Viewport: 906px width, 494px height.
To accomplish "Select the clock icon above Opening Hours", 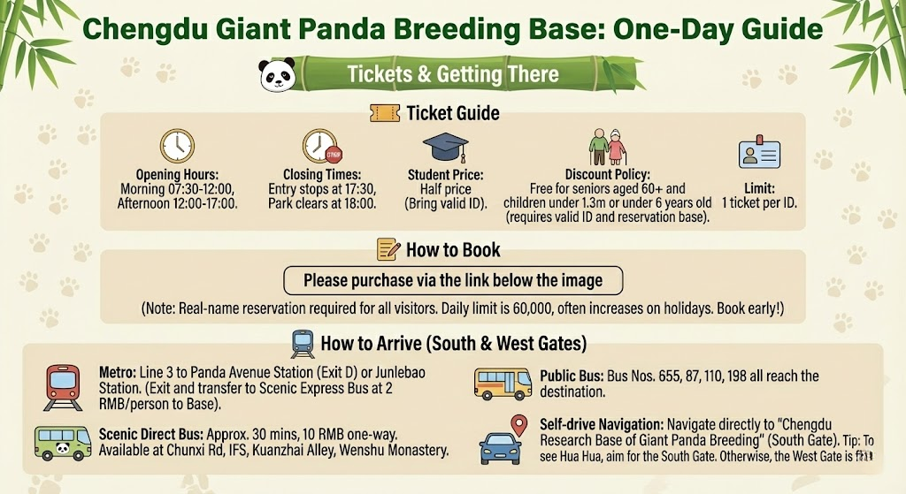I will point(176,147).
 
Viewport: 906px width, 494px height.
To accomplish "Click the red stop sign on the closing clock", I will point(334,156).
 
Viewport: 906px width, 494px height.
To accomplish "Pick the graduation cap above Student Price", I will point(445,148).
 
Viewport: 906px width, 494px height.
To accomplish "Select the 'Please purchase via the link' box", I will point(453,281).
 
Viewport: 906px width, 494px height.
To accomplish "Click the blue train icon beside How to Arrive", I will point(303,343).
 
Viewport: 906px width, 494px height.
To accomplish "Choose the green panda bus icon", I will point(62,441).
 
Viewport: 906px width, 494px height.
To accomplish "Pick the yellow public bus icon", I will point(503,384).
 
